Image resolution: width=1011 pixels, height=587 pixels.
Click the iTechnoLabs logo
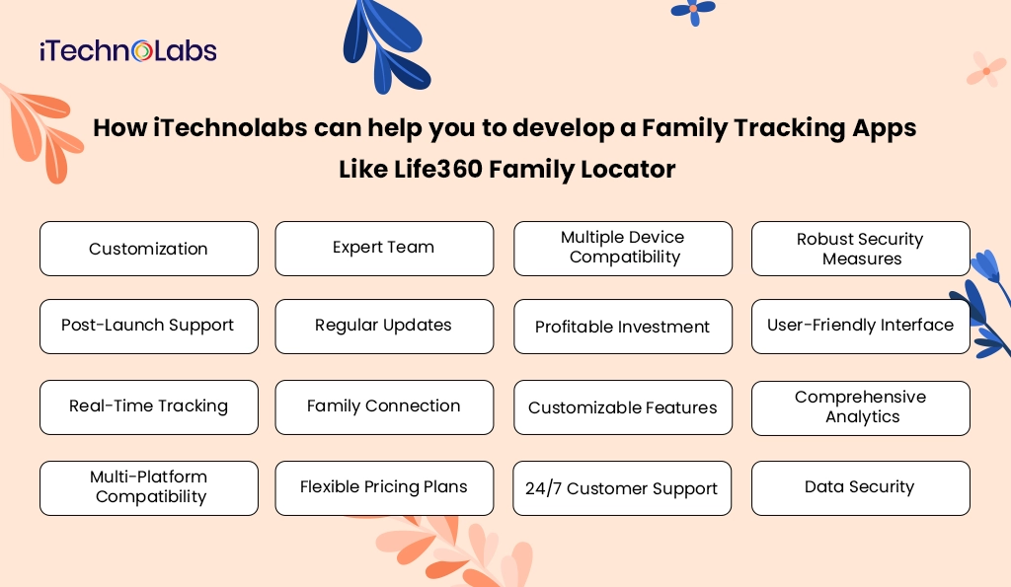coord(128,51)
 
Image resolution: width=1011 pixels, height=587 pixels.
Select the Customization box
coord(148,249)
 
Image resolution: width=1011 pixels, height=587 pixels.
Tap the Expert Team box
coord(384,248)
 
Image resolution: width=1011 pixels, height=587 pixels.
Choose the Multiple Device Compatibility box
coord(623,248)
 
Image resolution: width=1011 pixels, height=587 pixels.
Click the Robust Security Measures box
coord(861,249)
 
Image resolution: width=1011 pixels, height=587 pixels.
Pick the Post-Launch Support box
coord(148,326)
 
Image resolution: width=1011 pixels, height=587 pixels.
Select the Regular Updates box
coord(384,326)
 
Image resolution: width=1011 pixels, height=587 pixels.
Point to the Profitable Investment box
coord(623,327)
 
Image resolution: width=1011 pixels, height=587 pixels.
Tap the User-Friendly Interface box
coord(861,326)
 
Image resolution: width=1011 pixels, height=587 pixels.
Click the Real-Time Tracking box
coord(148,406)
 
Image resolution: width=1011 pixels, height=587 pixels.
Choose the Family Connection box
coord(384,406)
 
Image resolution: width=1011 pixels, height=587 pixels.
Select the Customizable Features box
coord(623,407)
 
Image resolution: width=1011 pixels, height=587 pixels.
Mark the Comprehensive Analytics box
coord(861,407)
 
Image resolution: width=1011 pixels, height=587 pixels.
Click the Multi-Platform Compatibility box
coord(148,487)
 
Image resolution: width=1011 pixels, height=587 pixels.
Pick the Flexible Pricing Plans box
coord(384,487)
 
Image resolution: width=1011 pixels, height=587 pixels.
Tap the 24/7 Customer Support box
coord(622,488)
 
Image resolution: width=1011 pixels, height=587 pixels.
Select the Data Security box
coord(861,487)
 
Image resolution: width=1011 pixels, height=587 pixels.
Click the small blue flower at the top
coord(693,9)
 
